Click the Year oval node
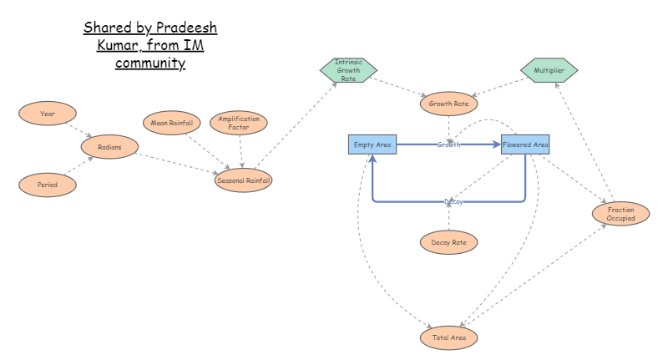point(48,113)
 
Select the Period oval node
point(48,185)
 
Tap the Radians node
point(109,147)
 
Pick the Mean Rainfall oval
point(171,124)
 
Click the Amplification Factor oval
point(239,124)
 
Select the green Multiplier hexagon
point(549,71)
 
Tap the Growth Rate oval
point(448,104)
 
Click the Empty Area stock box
point(372,145)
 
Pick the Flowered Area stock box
point(525,145)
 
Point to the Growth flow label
point(448,145)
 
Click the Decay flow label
point(453,201)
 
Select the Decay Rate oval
point(448,242)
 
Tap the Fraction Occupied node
point(620,213)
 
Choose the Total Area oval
point(448,337)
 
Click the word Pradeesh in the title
point(187,28)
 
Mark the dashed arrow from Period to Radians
point(79,166)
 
